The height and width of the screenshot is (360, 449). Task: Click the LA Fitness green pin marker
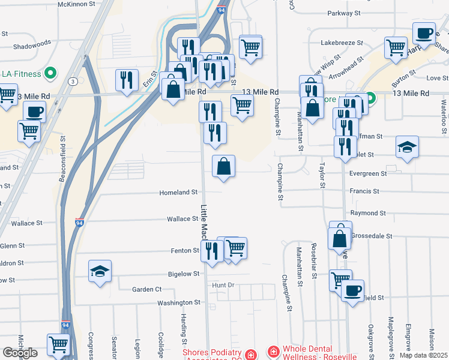(x=51, y=74)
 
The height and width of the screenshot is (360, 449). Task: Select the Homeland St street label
(x=178, y=193)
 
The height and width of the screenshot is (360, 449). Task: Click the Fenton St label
(x=184, y=250)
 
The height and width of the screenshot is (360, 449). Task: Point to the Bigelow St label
(x=183, y=274)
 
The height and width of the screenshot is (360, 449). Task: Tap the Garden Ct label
(x=147, y=289)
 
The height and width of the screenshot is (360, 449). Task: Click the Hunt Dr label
(x=222, y=284)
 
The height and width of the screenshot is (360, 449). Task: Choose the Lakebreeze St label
(x=342, y=43)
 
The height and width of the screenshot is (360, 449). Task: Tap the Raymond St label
(x=368, y=213)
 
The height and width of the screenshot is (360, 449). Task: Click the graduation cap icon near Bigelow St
(x=100, y=271)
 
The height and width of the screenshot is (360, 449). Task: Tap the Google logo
(x=19, y=353)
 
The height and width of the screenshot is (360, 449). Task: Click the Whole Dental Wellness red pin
(x=273, y=352)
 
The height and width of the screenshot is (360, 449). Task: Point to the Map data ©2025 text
(x=423, y=355)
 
